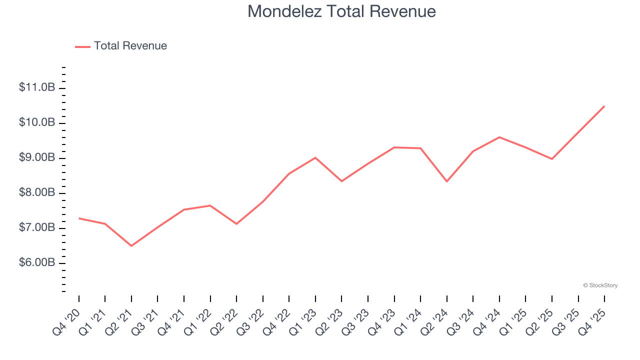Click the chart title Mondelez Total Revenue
(341, 11)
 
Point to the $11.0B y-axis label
(37, 87)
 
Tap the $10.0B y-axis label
(37, 122)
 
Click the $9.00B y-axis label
(37, 157)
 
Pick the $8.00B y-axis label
(37, 192)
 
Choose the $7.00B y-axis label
(37, 228)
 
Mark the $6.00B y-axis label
(37, 263)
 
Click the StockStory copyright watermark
(600, 285)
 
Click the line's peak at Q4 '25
(604, 106)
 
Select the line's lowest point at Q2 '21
(131, 246)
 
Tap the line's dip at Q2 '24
(447, 181)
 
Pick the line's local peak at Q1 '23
(315, 157)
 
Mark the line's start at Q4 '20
(79, 218)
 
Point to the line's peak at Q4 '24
(499, 137)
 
